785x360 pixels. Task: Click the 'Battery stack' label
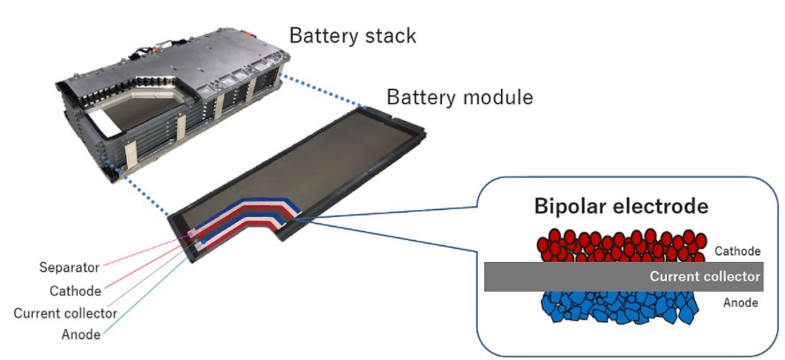point(353,36)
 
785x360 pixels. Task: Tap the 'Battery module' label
point(459,98)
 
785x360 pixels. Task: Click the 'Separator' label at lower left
point(70,266)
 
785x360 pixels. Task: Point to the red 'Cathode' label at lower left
point(76,289)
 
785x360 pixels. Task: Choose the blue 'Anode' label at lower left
point(80,335)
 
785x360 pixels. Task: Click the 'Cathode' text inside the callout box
point(737,251)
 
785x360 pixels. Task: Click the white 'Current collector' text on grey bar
point(704,276)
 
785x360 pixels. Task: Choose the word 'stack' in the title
point(388,36)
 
